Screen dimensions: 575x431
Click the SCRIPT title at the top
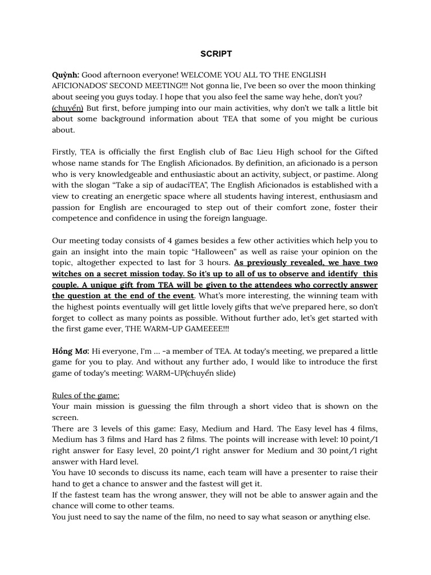click(x=216, y=54)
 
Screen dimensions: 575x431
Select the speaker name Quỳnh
click(x=66, y=75)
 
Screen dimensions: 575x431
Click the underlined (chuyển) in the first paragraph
click(x=68, y=108)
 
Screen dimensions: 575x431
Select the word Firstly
click(x=65, y=152)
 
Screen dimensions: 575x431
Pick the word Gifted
click(x=365, y=152)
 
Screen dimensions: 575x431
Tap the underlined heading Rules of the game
click(x=86, y=395)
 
